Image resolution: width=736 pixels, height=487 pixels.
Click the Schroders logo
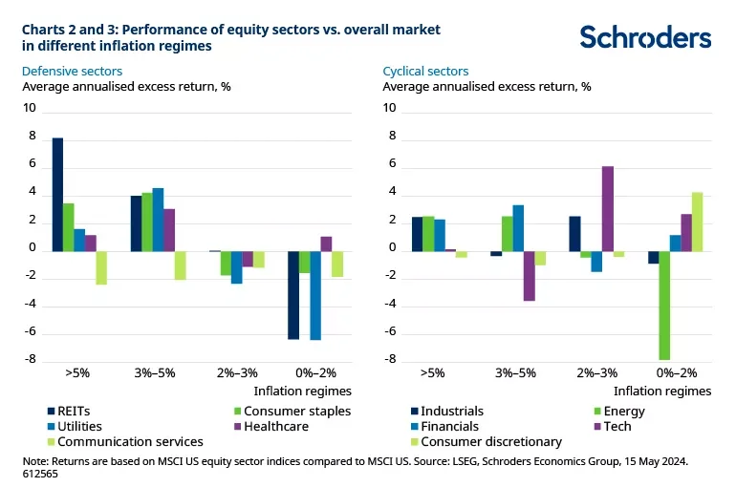click(645, 37)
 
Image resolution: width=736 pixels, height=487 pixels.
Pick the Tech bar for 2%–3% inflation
click(607, 207)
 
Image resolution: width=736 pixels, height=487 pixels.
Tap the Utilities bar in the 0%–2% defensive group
click(315, 294)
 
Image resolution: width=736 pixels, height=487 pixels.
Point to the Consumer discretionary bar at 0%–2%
click(697, 221)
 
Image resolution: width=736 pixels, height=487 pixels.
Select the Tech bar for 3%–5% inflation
click(529, 275)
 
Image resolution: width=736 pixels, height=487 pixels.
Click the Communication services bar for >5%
click(101, 267)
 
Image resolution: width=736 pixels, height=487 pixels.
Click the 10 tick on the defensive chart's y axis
click(29, 109)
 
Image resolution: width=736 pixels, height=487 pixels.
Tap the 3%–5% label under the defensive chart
click(157, 373)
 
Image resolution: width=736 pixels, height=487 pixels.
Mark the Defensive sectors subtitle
click(72, 71)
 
